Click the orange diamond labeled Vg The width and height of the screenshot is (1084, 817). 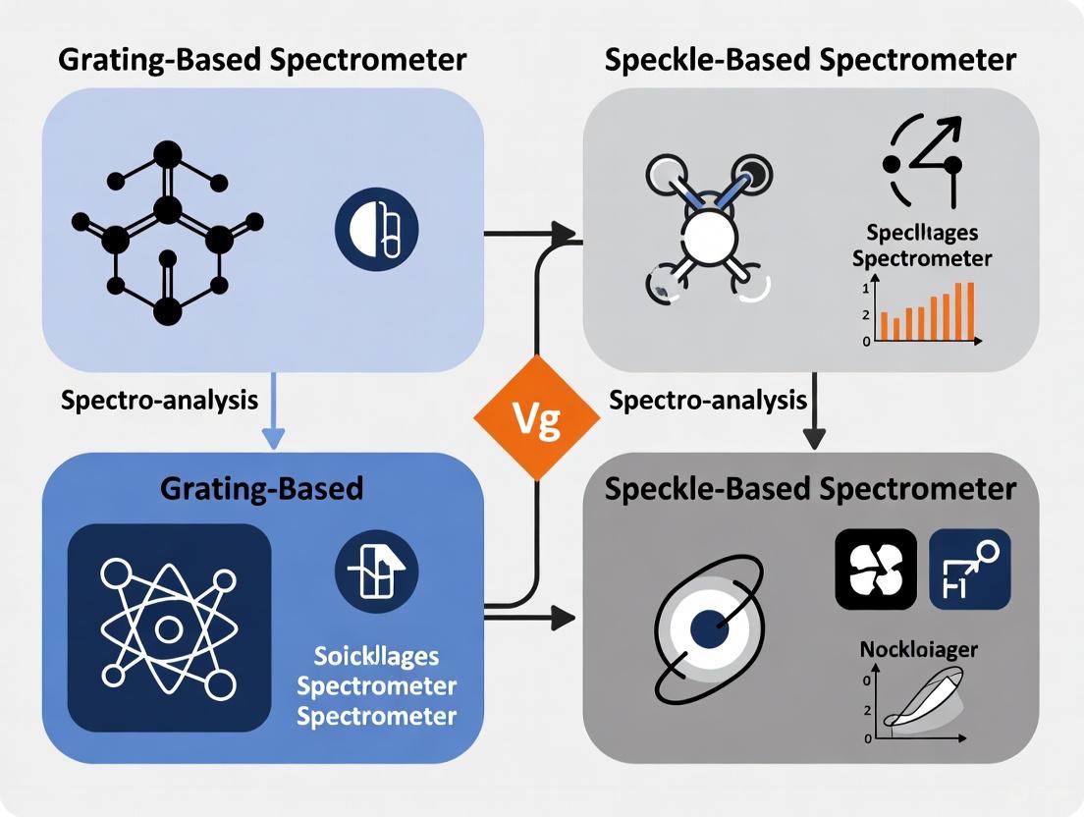point(536,417)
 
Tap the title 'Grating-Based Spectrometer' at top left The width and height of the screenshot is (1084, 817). point(262,59)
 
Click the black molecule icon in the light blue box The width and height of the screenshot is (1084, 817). point(167,234)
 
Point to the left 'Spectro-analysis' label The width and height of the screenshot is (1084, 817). point(159,400)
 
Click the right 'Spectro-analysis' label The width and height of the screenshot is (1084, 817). point(707,400)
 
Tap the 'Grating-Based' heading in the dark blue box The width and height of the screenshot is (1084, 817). point(263,487)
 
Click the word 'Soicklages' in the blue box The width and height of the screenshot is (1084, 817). point(376,656)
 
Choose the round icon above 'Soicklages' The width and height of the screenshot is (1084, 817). point(376,571)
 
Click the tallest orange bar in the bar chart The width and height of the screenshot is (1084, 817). point(970,310)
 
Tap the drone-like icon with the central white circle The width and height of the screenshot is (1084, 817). point(707,234)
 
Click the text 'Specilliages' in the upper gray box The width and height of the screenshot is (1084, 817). point(921,234)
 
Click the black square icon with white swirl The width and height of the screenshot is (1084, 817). point(875,570)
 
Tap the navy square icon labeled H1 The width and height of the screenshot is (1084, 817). point(969,570)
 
